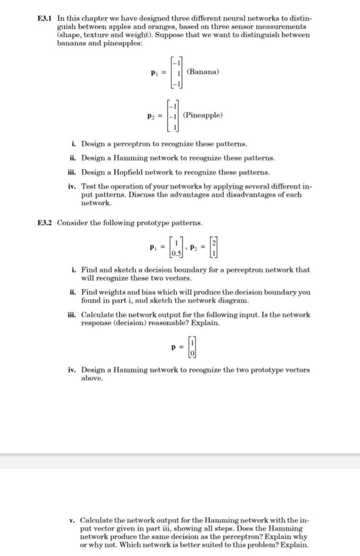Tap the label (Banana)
202,72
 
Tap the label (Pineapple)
203,115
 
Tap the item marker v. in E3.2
72,520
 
